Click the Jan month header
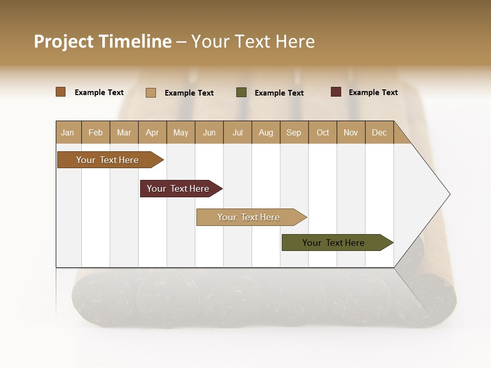(x=68, y=132)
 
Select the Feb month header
(x=96, y=132)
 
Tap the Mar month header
(x=124, y=132)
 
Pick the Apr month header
(x=152, y=132)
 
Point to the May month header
(x=181, y=132)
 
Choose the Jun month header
(x=209, y=132)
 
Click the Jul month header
(x=237, y=132)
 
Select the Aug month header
(x=266, y=132)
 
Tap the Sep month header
(x=294, y=132)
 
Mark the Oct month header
(x=323, y=132)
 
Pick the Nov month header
(x=351, y=132)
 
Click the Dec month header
(x=380, y=132)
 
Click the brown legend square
(x=61, y=92)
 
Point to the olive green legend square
(x=241, y=93)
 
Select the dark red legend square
(x=336, y=92)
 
